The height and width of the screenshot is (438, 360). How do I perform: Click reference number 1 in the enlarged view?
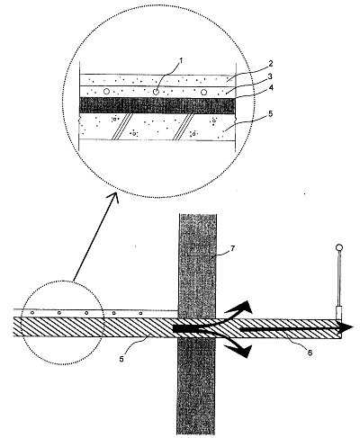tap(181, 61)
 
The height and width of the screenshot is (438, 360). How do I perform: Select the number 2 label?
tap(271, 64)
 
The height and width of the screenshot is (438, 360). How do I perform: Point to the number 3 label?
tap(270, 76)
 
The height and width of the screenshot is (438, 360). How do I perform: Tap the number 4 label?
tap(270, 88)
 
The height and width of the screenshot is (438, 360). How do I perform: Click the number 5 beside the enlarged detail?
tap(270, 114)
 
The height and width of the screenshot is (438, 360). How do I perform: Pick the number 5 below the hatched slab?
tap(121, 359)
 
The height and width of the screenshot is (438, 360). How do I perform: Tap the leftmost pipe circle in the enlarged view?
tap(106, 92)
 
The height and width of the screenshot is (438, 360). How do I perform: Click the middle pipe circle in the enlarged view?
tap(156, 92)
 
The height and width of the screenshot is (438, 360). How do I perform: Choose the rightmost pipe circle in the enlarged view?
tap(203, 92)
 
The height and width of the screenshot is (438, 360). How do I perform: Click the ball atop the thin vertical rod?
tap(339, 248)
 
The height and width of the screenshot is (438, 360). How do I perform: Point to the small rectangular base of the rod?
tap(338, 312)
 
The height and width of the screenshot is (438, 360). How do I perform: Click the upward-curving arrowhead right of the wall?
tap(244, 308)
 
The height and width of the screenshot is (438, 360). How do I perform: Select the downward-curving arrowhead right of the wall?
tap(241, 350)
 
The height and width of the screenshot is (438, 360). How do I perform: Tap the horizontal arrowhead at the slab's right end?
tap(346, 328)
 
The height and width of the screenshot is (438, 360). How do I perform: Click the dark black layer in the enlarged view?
tap(157, 105)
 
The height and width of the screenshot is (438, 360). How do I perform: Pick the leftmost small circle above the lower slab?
tap(32, 313)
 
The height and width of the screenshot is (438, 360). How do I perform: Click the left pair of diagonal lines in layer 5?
tap(121, 126)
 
